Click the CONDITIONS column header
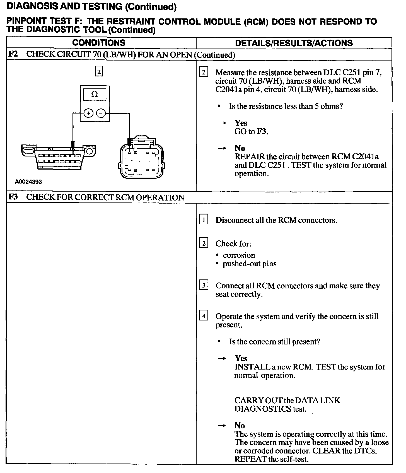99,43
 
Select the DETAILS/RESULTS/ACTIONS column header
294,43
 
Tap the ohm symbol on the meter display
95,94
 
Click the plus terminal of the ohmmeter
88,113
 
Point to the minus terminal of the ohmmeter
101,113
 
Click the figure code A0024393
28,182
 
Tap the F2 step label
13,54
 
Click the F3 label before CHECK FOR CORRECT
13,197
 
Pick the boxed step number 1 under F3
204,220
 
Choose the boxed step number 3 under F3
204,286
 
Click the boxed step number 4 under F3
204,316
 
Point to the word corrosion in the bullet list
239,255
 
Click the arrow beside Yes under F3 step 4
222,359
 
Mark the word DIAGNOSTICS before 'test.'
263,409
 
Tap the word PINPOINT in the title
26,21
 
